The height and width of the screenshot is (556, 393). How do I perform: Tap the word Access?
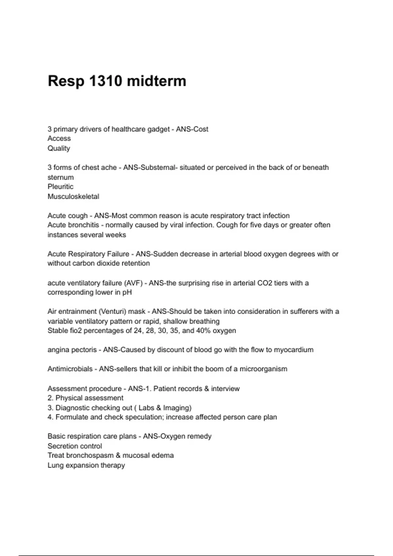pos(59,138)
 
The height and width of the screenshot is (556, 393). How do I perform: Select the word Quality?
pos(59,148)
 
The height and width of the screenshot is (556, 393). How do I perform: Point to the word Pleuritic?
pos(60,186)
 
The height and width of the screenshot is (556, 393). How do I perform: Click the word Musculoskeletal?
pos(73,196)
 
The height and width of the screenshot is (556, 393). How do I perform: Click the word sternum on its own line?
pos(60,177)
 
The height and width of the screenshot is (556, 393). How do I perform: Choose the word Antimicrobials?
pos(70,369)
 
